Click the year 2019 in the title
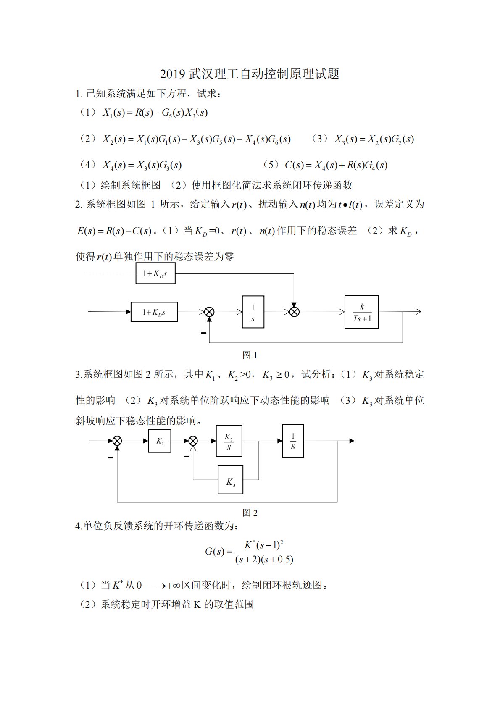click(x=172, y=74)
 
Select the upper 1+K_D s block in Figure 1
click(x=155, y=273)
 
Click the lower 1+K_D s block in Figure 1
click(x=154, y=312)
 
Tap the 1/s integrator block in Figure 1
click(x=253, y=312)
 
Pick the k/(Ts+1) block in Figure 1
click(x=361, y=312)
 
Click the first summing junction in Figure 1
click(x=209, y=312)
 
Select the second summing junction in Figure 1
click(x=295, y=312)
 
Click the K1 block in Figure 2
click(x=160, y=441)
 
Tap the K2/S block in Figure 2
click(x=229, y=441)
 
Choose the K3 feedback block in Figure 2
click(x=230, y=480)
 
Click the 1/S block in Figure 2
click(x=293, y=441)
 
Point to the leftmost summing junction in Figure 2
click(x=117, y=441)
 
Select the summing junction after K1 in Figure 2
click(x=193, y=441)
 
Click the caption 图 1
click(x=250, y=355)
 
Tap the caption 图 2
click(x=250, y=513)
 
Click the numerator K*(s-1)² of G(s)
click(x=264, y=545)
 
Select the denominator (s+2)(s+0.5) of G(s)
click(x=264, y=560)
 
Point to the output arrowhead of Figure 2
click(x=352, y=441)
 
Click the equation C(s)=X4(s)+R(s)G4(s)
click(x=336, y=165)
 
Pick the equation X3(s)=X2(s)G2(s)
click(x=374, y=139)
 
